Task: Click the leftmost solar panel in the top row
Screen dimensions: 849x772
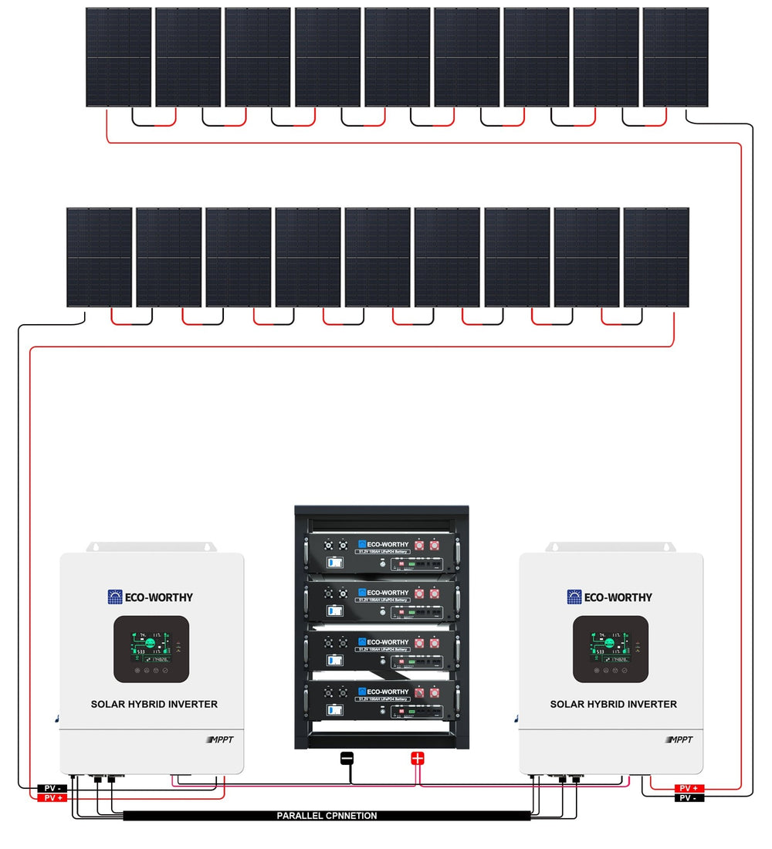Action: point(118,57)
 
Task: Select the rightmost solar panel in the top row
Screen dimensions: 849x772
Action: point(675,57)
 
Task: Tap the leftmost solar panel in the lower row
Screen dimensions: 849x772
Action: point(99,257)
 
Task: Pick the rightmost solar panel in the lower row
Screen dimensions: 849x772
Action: point(656,257)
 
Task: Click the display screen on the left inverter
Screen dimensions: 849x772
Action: point(151,648)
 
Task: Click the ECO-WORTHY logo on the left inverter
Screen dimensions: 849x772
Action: point(151,597)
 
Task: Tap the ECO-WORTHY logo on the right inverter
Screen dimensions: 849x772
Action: point(610,597)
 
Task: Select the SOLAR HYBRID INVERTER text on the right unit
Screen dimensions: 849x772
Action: point(613,704)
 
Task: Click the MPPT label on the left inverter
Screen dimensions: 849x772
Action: point(221,740)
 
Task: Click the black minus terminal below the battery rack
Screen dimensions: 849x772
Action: point(347,758)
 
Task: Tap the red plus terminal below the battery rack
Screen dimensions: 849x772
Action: point(418,758)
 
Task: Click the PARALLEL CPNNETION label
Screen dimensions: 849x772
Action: point(327,815)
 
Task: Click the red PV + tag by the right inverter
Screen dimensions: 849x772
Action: point(689,788)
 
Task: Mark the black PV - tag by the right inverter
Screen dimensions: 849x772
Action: point(689,797)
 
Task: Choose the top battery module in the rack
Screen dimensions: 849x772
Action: point(381,556)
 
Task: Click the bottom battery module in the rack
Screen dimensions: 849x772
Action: point(381,703)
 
